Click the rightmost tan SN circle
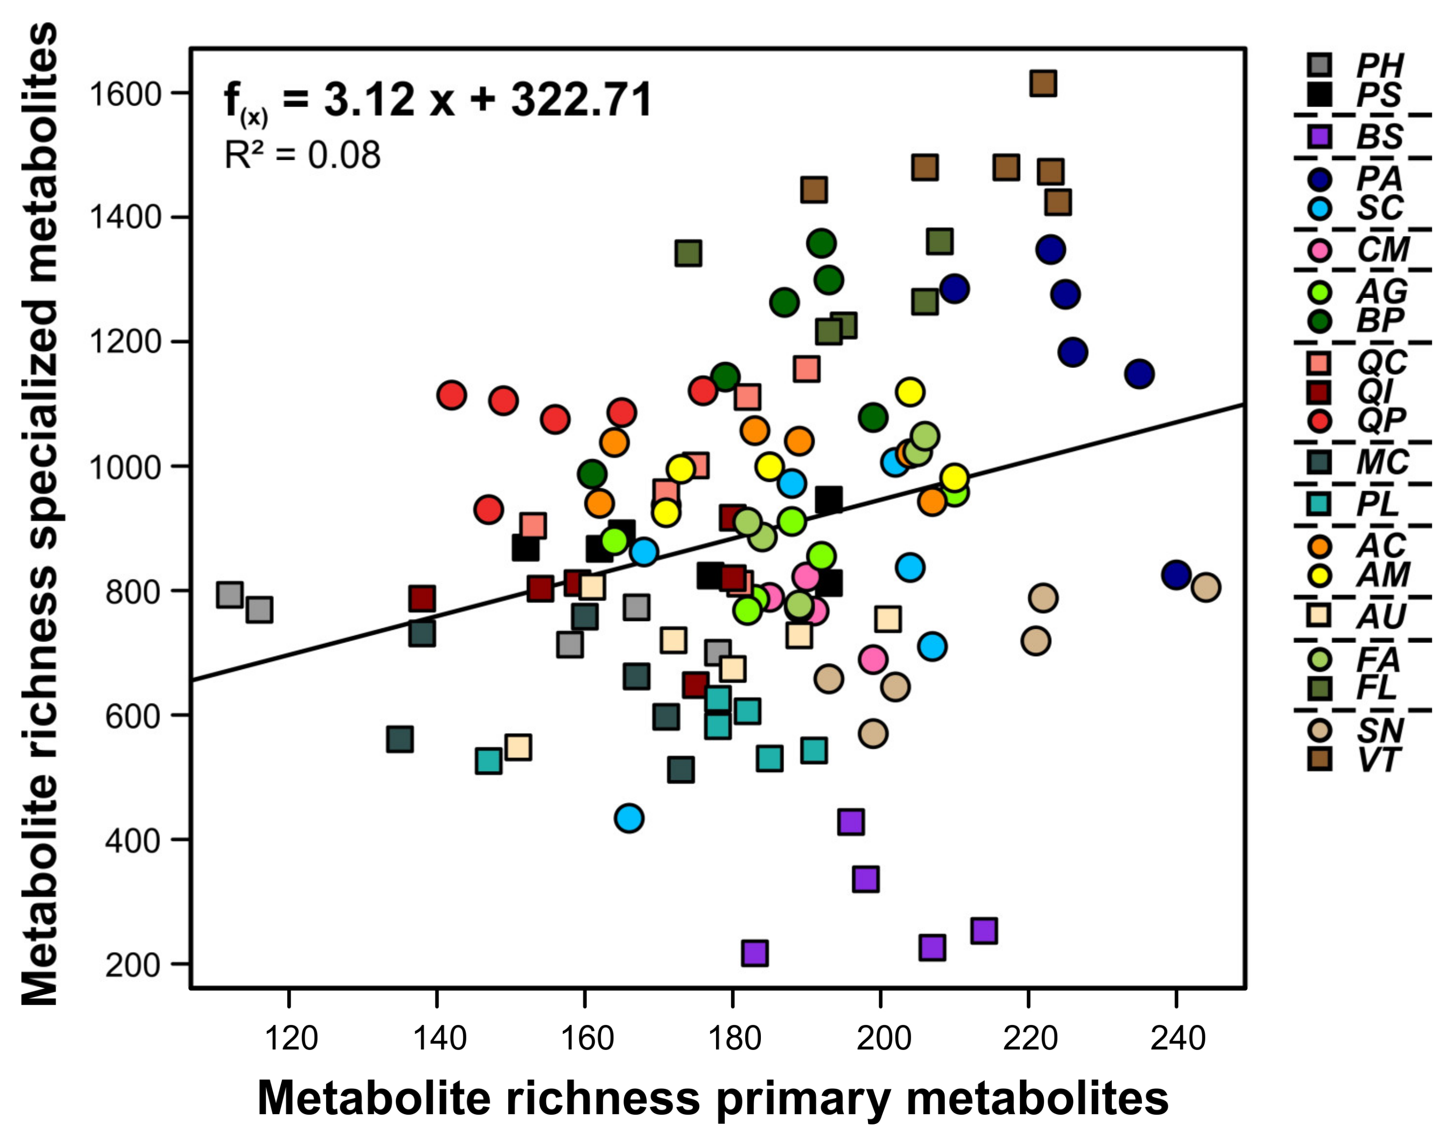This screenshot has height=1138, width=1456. [x=1206, y=587]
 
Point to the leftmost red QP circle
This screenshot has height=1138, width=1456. [x=451, y=395]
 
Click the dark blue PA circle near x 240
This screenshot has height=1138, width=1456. [x=1176, y=575]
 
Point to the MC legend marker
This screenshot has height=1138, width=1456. [x=1319, y=462]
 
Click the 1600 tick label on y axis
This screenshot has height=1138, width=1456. [x=125, y=94]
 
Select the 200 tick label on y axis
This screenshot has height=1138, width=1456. [x=133, y=965]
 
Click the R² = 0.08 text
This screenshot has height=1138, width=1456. [x=302, y=155]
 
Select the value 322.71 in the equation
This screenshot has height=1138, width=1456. [x=581, y=100]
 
